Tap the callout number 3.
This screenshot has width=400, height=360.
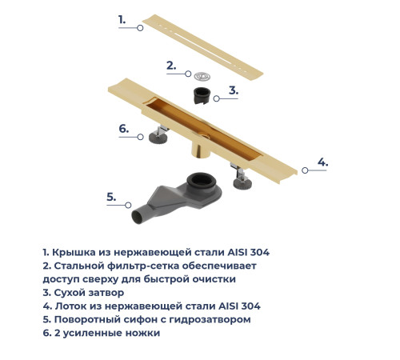click(x=234, y=90)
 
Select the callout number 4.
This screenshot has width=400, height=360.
click(x=322, y=162)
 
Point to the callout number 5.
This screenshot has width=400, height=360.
click(x=112, y=196)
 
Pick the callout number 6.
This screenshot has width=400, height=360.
click(x=124, y=128)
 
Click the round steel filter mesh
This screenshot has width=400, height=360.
click(x=202, y=77)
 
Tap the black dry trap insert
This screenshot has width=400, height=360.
click(x=202, y=98)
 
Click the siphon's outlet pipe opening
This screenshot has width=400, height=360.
click(x=136, y=214)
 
